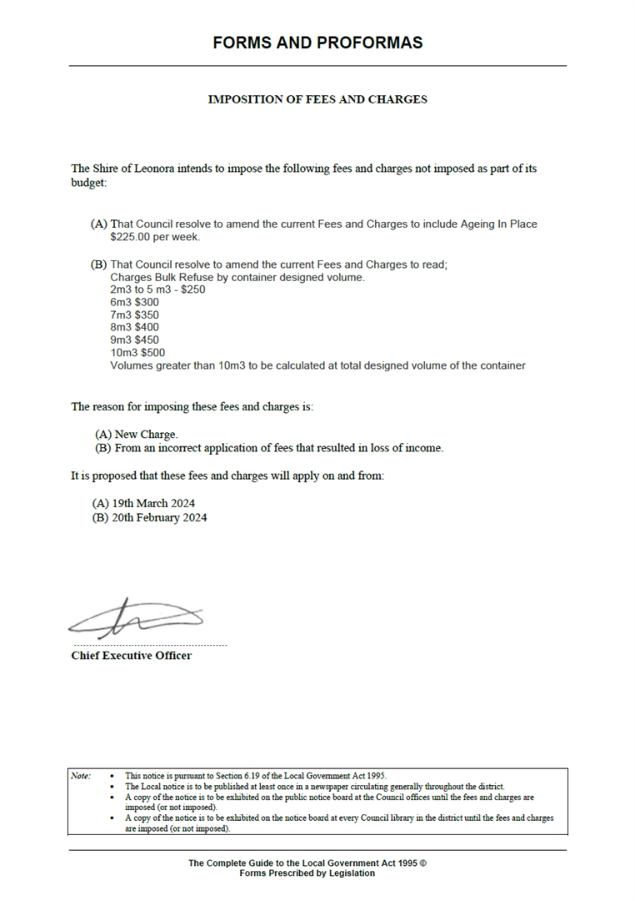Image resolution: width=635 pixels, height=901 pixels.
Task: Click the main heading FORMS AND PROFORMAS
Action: [317, 43]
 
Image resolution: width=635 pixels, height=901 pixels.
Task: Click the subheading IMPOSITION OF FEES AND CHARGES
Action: [317, 99]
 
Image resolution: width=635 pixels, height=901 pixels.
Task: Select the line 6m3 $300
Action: [134, 302]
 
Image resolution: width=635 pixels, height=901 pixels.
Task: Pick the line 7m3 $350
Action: [134, 315]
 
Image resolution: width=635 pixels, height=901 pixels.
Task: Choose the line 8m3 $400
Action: [134, 327]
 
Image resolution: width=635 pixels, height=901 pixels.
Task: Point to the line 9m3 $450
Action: [134, 340]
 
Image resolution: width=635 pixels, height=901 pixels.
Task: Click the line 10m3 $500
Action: [137, 352]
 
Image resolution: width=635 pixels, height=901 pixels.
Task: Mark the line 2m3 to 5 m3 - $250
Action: [157, 289]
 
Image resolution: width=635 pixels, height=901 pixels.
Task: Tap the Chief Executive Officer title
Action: [132, 656]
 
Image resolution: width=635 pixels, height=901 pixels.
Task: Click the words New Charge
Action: [146, 435]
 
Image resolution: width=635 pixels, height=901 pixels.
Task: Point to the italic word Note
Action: [81, 776]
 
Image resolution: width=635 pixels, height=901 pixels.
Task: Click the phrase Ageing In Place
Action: [497, 224]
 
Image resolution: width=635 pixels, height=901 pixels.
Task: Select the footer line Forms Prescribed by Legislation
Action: [307, 873]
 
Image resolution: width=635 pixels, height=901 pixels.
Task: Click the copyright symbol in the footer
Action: [423, 863]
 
